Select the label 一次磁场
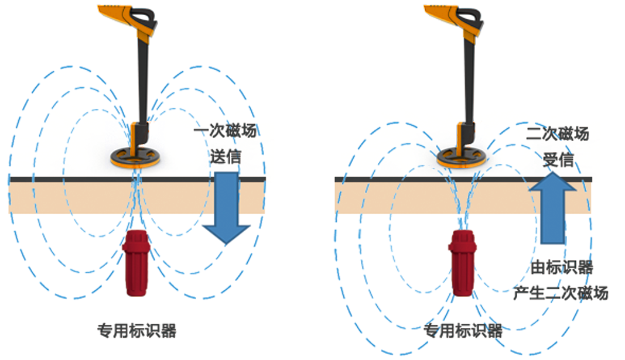226,132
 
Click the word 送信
225,157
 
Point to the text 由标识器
562,268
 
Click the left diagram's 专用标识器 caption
136,331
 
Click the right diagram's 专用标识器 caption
463,331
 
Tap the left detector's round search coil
136,157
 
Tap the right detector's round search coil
463,157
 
